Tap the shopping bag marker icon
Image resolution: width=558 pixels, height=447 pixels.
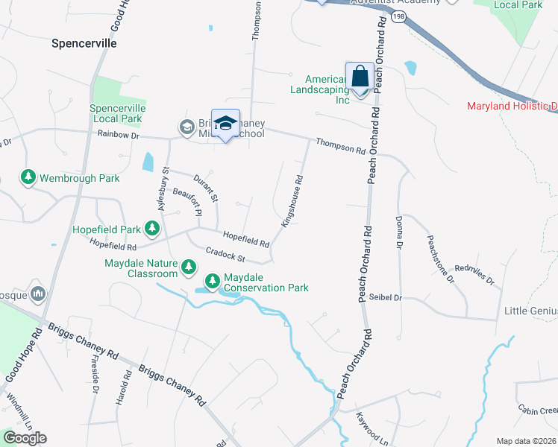360,76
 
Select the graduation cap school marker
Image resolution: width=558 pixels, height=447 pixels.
225,124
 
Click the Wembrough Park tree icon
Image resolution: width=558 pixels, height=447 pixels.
28,178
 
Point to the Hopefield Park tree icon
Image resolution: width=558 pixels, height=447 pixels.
152,227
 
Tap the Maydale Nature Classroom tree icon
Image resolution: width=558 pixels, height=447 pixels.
189,267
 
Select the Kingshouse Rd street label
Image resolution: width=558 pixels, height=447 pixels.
292,201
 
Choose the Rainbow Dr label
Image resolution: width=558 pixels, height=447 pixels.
119,134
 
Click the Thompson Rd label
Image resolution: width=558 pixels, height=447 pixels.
340,146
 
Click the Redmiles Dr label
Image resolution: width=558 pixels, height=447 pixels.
474,275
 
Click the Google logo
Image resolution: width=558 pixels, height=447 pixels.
24,438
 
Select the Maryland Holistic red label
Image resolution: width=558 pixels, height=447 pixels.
512,106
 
